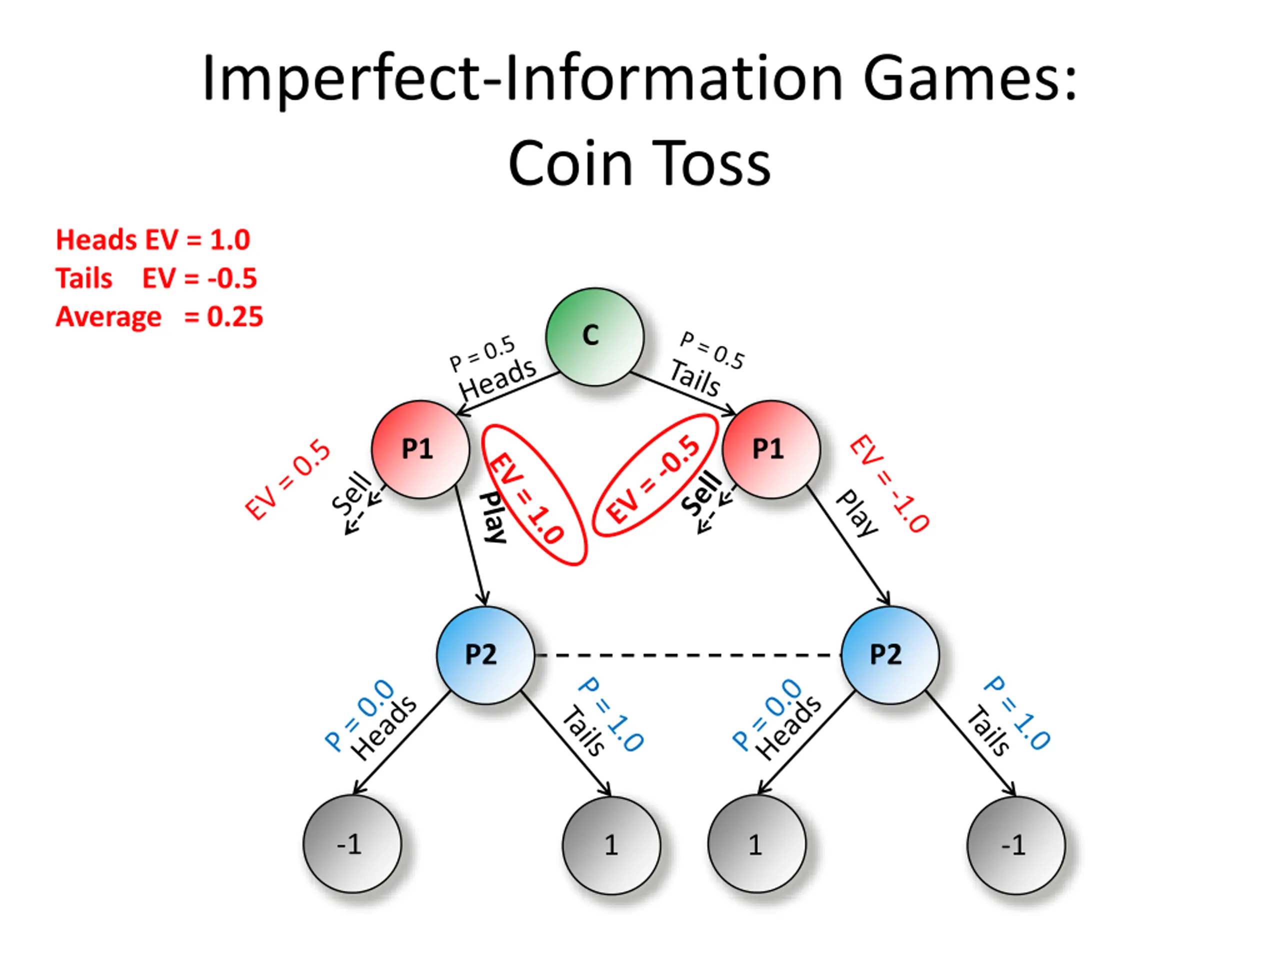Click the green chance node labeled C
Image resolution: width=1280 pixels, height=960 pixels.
click(x=595, y=337)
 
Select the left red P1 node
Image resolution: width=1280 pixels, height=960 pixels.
click(x=420, y=449)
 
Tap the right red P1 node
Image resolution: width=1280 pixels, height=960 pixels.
click(x=771, y=449)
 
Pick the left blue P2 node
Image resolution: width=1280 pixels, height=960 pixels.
click(x=485, y=655)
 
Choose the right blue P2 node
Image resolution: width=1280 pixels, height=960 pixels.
click(x=890, y=655)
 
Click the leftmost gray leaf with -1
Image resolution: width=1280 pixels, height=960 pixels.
click(x=352, y=844)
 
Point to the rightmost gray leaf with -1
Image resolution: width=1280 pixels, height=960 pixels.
click(x=1015, y=845)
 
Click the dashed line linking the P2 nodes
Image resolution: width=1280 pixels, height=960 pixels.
click(x=687, y=655)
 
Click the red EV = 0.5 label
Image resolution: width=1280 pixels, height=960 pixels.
click(x=287, y=479)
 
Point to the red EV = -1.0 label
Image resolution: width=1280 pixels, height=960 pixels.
click(x=889, y=482)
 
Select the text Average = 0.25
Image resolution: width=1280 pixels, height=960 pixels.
click(x=159, y=316)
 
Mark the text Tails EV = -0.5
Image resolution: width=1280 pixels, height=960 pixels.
click(x=156, y=278)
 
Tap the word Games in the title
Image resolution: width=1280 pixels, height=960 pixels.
click(x=970, y=78)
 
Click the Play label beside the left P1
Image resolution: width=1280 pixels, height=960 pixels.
click(x=493, y=516)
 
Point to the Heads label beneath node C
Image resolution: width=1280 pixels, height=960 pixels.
click(x=497, y=378)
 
